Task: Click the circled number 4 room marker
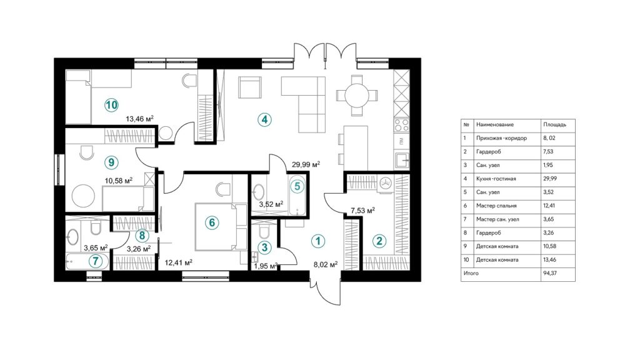[x=266, y=119]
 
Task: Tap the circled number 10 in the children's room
[x=111, y=104]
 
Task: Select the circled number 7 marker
[x=95, y=261]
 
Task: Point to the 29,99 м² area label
[x=306, y=165]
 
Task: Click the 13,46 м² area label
[x=140, y=118]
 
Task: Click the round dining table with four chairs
[x=357, y=95]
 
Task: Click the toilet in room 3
[x=263, y=231]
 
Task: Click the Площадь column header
[x=555, y=124]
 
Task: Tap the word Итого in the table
[x=471, y=274]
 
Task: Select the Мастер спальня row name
[x=496, y=206]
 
